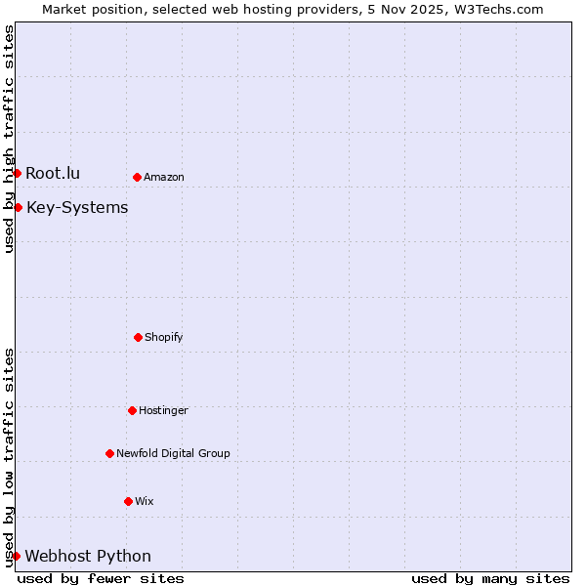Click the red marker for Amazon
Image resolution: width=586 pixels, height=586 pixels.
tap(137, 177)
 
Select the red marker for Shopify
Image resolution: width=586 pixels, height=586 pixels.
tap(138, 337)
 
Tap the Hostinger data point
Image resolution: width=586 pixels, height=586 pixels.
tap(132, 410)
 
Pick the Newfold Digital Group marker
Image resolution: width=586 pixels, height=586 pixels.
tap(109, 453)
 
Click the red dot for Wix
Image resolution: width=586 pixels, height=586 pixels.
tap(128, 501)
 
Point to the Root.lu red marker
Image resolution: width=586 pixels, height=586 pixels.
tap(17, 173)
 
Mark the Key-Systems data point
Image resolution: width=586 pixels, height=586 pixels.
tap(18, 207)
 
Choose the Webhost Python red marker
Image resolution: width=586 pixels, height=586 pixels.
tap(16, 556)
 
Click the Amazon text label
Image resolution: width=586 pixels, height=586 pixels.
tap(164, 177)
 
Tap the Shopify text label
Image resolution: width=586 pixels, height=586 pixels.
tap(164, 337)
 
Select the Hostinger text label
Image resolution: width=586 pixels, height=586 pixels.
tap(163, 410)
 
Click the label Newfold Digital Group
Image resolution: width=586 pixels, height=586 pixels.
tap(173, 453)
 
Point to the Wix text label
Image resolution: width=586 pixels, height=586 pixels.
tap(145, 501)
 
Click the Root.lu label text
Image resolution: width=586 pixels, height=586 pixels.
tap(53, 173)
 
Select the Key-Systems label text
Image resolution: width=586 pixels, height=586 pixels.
tap(77, 207)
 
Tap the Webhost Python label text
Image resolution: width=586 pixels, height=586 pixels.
tap(88, 556)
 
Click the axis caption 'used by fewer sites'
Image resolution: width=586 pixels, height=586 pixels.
tap(101, 578)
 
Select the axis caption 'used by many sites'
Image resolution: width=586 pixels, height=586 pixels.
tap(490, 578)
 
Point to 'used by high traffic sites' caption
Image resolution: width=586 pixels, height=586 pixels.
tap(9, 139)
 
